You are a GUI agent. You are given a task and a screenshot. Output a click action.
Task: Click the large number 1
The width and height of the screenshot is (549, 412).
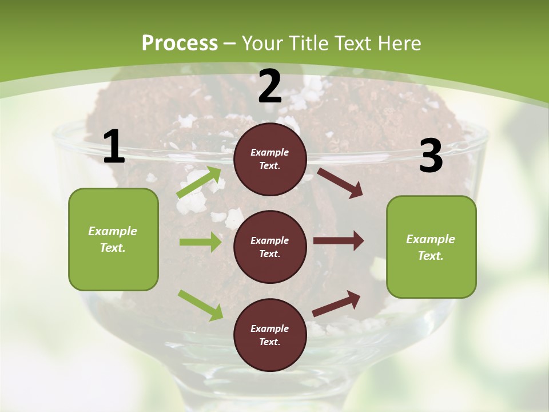coord(114,147)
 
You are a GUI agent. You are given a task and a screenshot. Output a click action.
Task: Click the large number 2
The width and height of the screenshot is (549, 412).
coord(270,87)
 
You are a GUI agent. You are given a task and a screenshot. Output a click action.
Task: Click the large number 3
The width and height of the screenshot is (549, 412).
coord(431,156)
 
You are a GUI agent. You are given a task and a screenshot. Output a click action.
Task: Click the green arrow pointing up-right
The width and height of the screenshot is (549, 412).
coord(199,183)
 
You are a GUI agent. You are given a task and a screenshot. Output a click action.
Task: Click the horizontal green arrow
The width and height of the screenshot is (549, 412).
coord(200,242)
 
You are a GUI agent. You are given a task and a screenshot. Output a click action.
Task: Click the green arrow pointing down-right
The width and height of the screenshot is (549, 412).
coord(200,304)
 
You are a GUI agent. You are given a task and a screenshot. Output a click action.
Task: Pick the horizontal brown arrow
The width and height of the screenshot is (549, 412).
coord(339,241)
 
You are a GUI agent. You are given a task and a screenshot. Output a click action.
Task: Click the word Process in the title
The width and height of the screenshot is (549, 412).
coord(180,43)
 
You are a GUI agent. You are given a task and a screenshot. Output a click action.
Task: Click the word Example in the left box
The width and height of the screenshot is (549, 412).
coord(113,231)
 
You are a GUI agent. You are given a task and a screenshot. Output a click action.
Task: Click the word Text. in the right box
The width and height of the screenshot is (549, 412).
coord(431,256)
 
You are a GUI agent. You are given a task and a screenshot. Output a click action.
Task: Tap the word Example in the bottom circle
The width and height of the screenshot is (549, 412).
coord(269,328)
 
